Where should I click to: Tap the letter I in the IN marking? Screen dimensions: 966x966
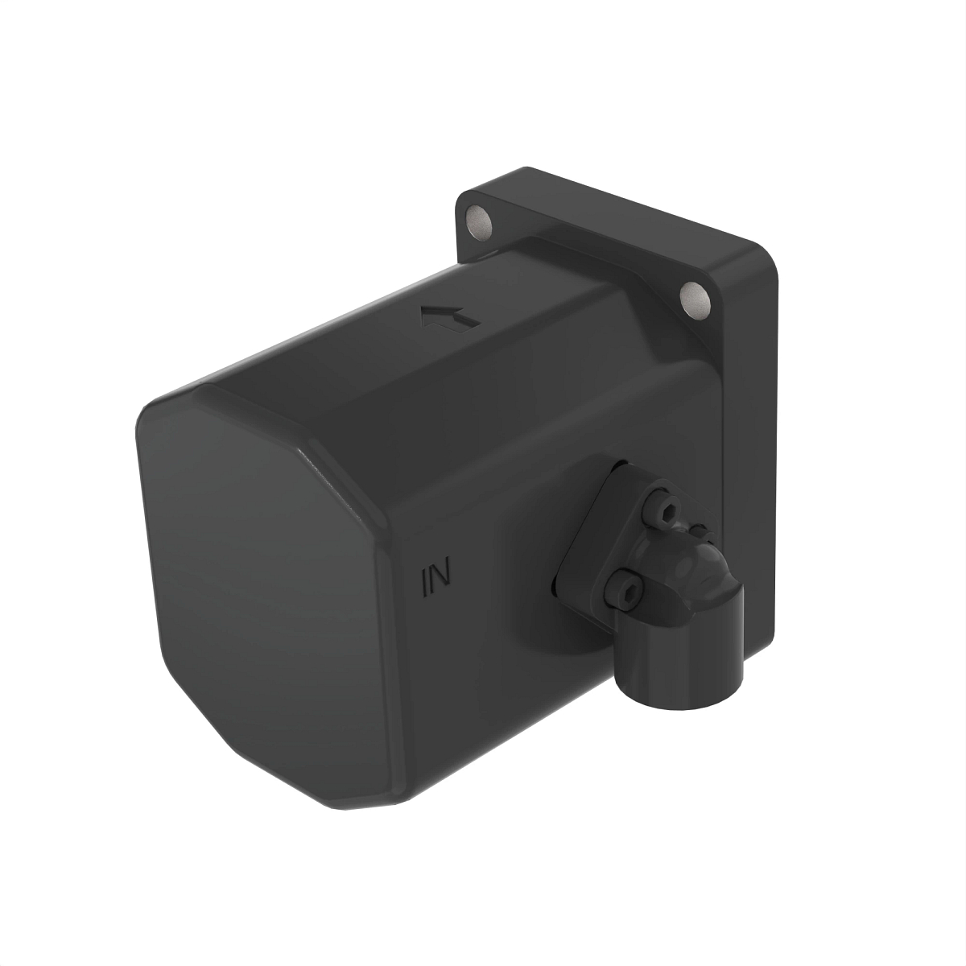pyautogui.click(x=426, y=580)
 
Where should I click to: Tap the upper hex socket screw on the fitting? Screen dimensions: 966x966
pyautogui.click(x=663, y=511)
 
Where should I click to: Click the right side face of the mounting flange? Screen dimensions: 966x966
pyautogui.click(x=753, y=402)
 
